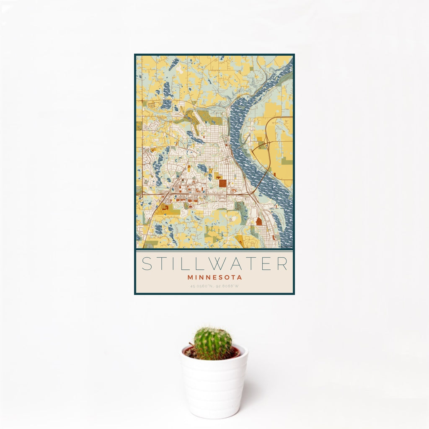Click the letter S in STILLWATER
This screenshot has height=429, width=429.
pos(147,264)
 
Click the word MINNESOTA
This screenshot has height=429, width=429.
pos(214,277)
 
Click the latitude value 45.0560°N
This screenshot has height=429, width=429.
pos(202,287)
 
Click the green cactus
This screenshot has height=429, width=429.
pos(212,343)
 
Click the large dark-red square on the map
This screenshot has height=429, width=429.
pos(222,183)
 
